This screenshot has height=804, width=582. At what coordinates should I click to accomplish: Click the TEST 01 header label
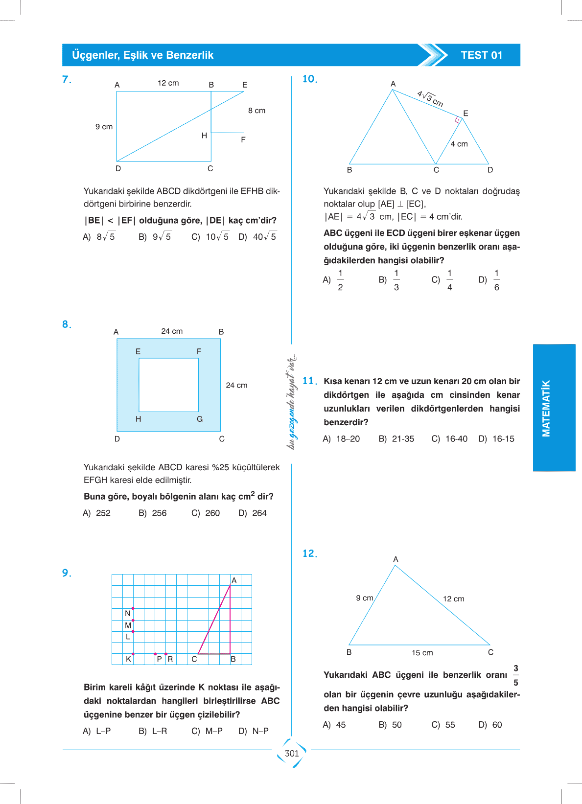(x=481, y=55)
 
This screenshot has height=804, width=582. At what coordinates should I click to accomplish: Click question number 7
(x=67, y=79)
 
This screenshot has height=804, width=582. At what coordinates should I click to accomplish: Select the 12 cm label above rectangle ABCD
(x=168, y=83)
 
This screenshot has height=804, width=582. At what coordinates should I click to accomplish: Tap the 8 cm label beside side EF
(x=256, y=111)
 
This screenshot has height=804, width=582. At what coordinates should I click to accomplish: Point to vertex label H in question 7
(x=204, y=136)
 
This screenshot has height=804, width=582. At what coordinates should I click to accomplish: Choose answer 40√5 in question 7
(x=264, y=237)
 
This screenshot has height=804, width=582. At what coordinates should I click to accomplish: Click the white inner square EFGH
(x=168, y=385)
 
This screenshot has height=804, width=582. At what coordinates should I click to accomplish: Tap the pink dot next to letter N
(x=133, y=608)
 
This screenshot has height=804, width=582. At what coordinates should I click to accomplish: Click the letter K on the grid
(x=128, y=659)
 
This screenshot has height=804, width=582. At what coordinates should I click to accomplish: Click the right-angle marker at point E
(x=458, y=119)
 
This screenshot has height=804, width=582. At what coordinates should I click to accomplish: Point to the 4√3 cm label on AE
(x=430, y=99)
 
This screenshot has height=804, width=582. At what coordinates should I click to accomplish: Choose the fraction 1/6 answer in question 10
(x=496, y=280)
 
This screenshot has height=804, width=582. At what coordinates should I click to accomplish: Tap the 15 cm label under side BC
(x=422, y=653)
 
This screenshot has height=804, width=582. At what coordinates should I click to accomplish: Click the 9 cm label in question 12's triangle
(x=364, y=598)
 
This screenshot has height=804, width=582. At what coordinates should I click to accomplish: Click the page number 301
(x=292, y=753)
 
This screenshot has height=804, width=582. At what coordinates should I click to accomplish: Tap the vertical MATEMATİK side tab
(x=546, y=408)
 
